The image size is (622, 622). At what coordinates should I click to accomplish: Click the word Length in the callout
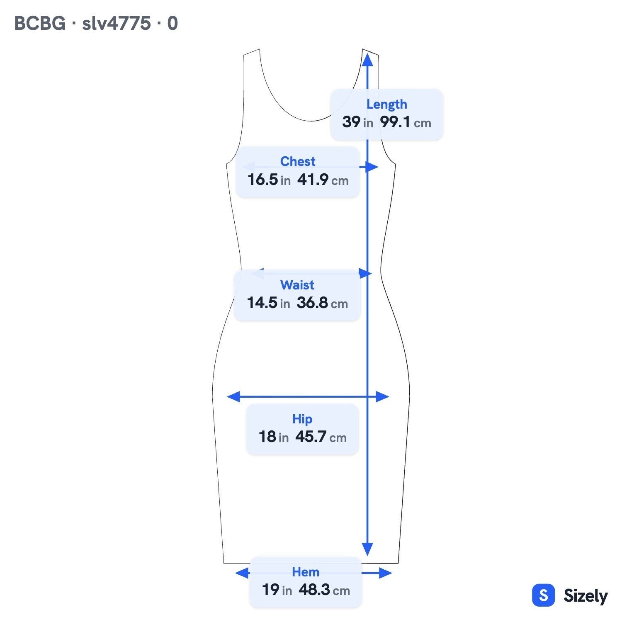click(386, 104)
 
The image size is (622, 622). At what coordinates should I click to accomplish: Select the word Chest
click(298, 161)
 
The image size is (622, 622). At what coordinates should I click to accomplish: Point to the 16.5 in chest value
click(269, 180)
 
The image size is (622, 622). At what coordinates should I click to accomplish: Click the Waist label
click(297, 285)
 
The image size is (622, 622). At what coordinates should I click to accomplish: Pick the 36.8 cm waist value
click(322, 303)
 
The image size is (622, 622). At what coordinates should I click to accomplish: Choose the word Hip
click(302, 419)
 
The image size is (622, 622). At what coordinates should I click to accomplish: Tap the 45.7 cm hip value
click(321, 437)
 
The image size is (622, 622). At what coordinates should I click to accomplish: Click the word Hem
click(306, 572)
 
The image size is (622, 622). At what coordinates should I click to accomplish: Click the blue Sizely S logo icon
click(543, 595)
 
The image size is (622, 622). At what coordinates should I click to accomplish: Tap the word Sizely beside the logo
click(586, 596)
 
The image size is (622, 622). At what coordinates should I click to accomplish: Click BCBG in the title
click(40, 23)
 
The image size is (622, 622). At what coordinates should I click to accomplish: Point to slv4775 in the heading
click(117, 23)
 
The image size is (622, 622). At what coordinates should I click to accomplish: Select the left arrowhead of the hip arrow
click(234, 396)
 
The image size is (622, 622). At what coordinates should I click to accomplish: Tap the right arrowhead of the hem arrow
click(385, 573)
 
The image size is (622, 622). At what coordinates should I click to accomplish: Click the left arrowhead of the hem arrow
click(242, 573)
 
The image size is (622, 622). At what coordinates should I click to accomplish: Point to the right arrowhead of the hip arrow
click(382, 396)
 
